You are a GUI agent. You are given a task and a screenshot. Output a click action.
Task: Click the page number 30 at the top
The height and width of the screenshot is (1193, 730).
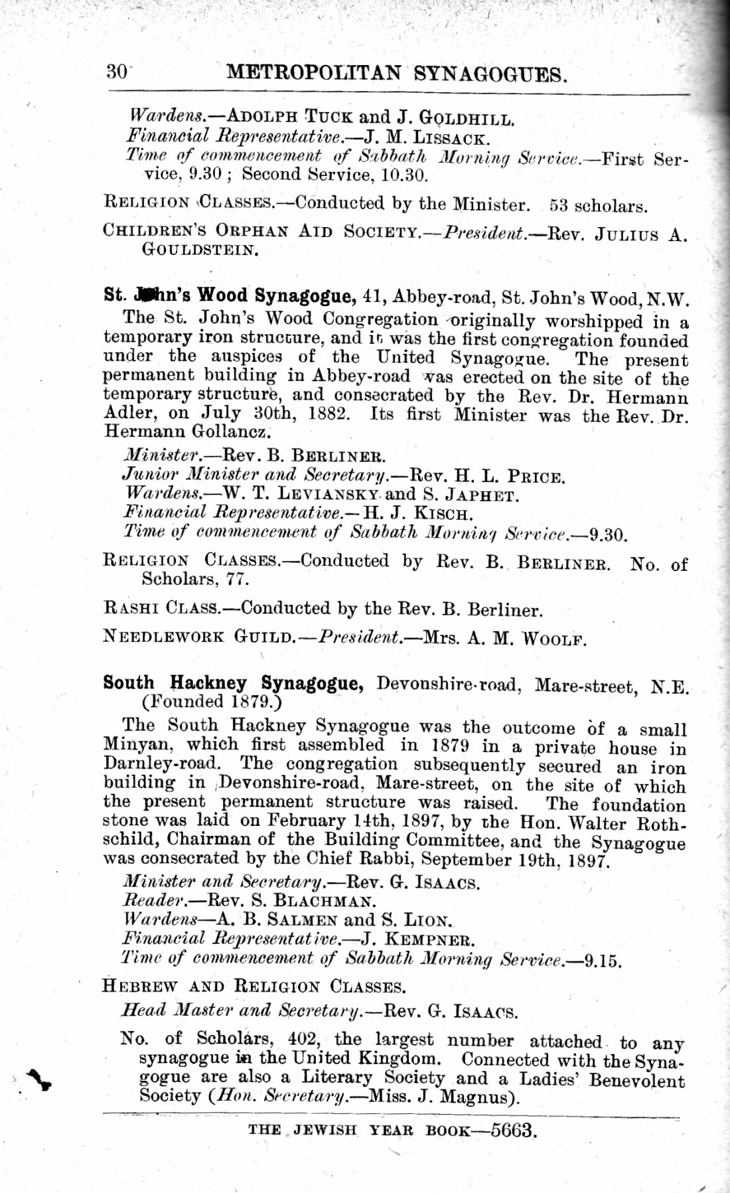(117, 71)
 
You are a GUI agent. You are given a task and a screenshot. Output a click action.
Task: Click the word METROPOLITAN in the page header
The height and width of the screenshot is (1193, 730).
(313, 72)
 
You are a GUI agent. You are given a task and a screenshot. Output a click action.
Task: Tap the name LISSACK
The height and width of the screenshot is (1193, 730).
(451, 139)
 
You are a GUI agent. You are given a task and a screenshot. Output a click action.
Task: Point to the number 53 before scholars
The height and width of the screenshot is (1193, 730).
(559, 205)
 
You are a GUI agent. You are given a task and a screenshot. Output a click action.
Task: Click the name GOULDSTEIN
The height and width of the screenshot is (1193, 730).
(200, 250)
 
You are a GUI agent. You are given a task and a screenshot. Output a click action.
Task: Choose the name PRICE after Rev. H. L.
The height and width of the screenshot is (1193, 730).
(536, 477)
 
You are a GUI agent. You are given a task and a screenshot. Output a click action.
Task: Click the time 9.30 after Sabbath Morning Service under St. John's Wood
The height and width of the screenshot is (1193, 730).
(608, 534)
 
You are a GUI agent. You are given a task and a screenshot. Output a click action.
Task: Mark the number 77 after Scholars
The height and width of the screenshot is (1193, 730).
(238, 579)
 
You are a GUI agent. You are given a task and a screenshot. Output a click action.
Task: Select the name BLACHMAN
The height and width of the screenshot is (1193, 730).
(325, 902)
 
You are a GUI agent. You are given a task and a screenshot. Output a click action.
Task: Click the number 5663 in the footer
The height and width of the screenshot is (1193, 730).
(513, 1130)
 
